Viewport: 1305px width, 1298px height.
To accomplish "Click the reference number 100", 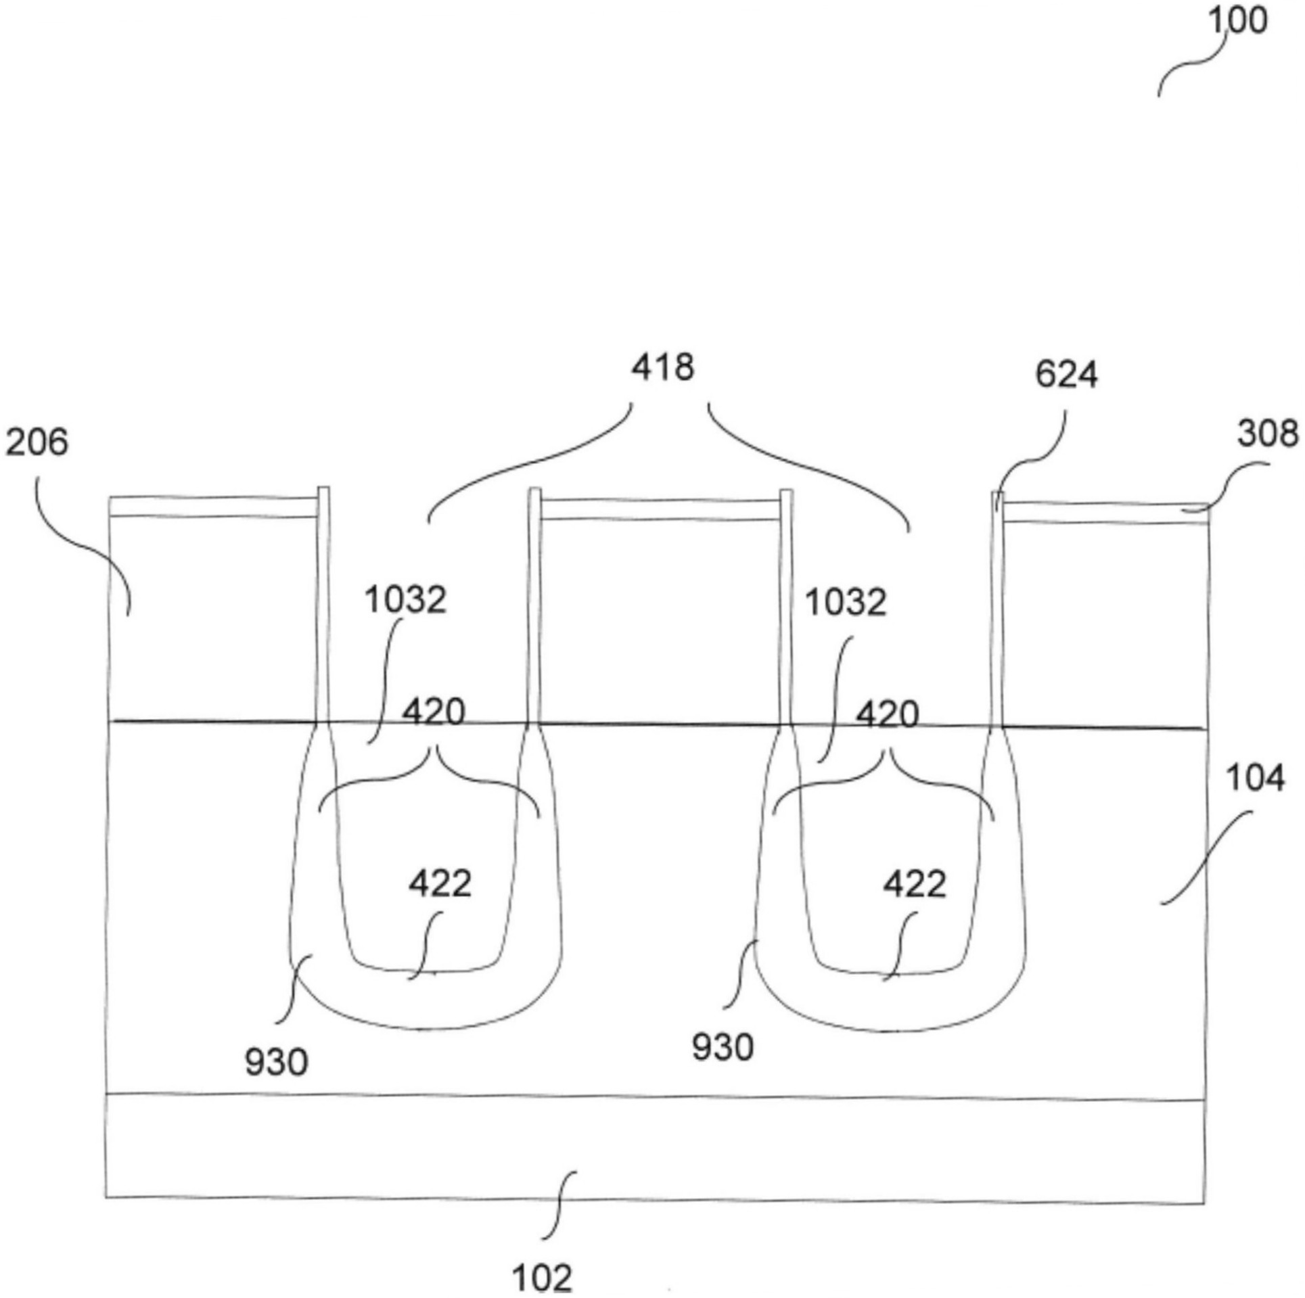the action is [x=1237, y=22].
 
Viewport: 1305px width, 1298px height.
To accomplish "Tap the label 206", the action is [x=37, y=443].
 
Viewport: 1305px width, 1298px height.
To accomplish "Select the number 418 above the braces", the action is [x=663, y=368].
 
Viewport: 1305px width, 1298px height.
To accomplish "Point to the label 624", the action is [x=1066, y=375].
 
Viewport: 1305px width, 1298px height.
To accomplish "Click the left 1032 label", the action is [x=406, y=600].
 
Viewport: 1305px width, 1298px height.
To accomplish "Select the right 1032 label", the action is [x=846, y=602].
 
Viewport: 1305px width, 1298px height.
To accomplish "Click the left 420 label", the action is [x=434, y=712].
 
